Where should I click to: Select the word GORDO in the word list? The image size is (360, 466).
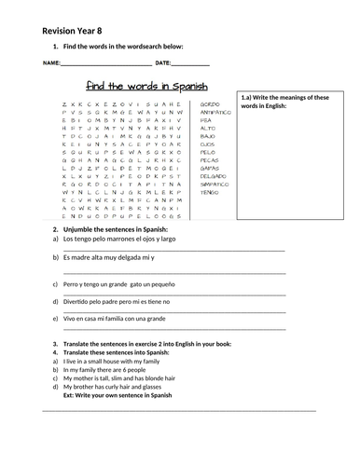click(x=210, y=103)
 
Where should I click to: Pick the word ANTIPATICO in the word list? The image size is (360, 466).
click(x=215, y=112)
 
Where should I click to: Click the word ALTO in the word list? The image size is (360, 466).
click(x=208, y=129)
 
